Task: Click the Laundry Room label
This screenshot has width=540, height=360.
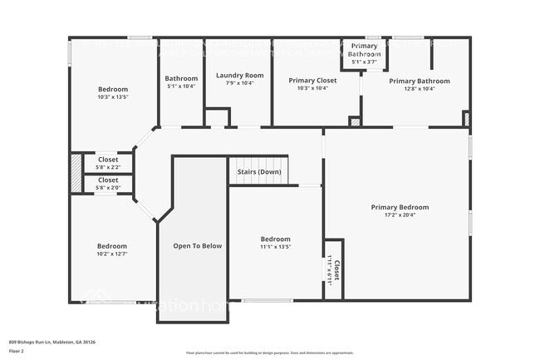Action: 239,76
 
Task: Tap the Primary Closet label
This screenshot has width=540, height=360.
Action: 312,81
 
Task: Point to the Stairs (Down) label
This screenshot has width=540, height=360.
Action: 258,172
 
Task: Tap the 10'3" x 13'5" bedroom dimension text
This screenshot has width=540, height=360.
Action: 113,97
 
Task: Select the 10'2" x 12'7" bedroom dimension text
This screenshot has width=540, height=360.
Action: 111,254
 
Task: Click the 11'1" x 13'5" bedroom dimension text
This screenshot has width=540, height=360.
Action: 275,247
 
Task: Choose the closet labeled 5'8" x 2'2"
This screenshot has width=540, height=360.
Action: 108,167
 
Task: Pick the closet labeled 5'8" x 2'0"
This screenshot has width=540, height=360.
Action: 108,188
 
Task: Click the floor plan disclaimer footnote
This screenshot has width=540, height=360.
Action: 269,353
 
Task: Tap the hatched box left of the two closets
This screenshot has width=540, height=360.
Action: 76,173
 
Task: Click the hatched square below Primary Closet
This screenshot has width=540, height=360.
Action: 355,122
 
